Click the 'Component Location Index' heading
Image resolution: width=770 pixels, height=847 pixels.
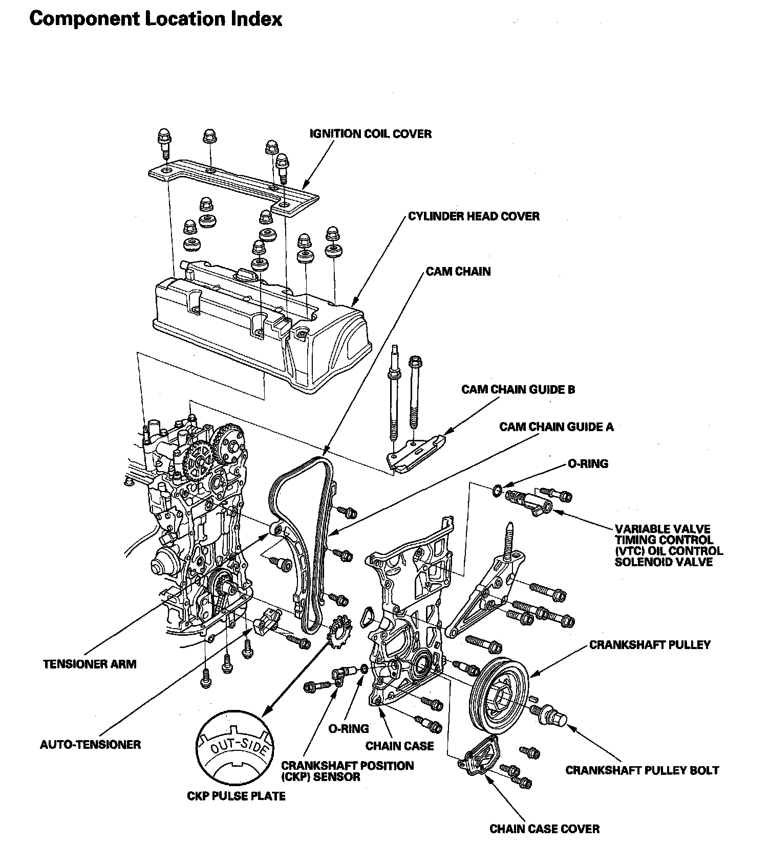(x=156, y=19)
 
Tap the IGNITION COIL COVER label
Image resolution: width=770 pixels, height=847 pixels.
(x=371, y=134)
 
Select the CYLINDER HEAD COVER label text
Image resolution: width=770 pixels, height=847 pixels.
(x=474, y=216)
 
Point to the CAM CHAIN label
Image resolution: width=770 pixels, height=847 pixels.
(x=458, y=271)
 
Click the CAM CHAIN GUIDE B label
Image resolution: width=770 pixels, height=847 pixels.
(x=518, y=390)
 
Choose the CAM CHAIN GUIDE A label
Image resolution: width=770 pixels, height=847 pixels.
(x=557, y=427)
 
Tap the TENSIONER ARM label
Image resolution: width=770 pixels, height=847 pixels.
(x=90, y=664)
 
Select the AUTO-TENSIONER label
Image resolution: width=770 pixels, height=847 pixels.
(x=90, y=744)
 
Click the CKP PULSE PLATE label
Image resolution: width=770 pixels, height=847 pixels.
(x=236, y=796)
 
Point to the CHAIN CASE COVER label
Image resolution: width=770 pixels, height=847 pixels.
(x=544, y=829)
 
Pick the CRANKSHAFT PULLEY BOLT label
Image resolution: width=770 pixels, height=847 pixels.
(x=642, y=770)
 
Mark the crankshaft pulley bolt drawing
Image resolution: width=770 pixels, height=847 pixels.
(x=551, y=716)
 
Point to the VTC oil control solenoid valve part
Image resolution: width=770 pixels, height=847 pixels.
(x=525, y=500)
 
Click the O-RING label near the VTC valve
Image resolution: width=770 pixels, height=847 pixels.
(x=588, y=464)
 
